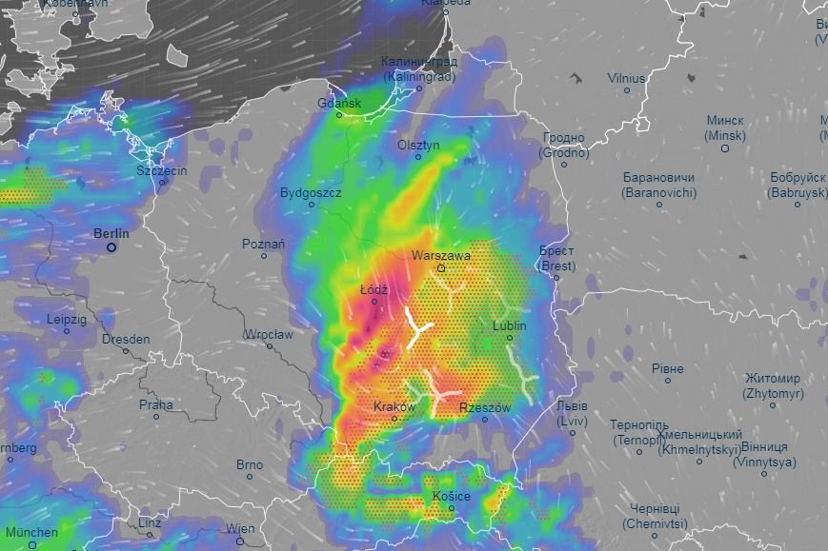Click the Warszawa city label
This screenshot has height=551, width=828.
pyautogui.click(x=441, y=256)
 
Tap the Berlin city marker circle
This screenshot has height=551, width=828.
pyautogui.click(x=111, y=247)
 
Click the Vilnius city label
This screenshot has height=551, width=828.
pyautogui.click(x=626, y=78)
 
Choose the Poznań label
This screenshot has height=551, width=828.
pyautogui.click(x=263, y=244)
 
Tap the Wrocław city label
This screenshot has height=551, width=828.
pyautogui.click(x=268, y=335)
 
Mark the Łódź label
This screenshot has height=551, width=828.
pyautogui.click(x=373, y=288)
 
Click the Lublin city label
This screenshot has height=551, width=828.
pyautogui.click(x=510, y=325)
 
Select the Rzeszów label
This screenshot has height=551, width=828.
pyautogui.click(x=485, y=407)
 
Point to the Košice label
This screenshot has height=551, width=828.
pyautogui.click(x=450, y=496)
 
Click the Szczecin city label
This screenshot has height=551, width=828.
pyautogui.click(x=161, y=171)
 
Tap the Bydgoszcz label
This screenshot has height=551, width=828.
pyautogui.click(x=311, y=192)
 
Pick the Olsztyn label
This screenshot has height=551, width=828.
pyautogui.click(x=419, y=146)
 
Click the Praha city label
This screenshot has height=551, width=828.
pyautogui.click(x=156, y=404)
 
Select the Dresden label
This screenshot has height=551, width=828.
pyautogui.click(x=126, y=339)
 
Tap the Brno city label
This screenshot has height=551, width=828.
pyautogui.click(x=250, y=464)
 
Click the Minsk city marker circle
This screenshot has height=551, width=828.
pyautogui.click(x=725, y=148)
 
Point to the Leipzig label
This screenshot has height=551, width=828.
pyautogui.click(x=67, y=320)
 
